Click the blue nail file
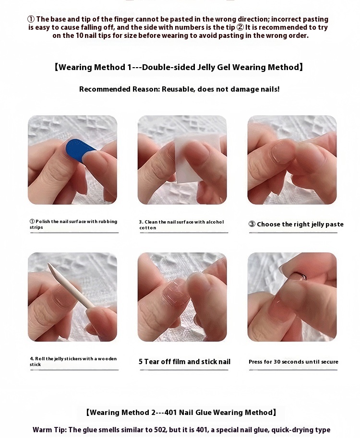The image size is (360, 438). click(79, 150)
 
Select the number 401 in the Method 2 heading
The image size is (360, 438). click(171, 412)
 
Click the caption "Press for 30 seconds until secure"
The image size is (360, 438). click(293, 362)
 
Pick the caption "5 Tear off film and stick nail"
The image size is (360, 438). click(184, 362)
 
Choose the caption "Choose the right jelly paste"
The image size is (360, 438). click(300, 225)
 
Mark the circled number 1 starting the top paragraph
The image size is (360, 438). click(31, 19)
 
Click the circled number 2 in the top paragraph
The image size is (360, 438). click(240, 27)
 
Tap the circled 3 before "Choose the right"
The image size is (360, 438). click(252, 225)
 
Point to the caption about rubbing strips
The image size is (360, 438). click(73, 225)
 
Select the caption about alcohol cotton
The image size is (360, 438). click(181, 225)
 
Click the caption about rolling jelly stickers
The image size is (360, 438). click(73, 361)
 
